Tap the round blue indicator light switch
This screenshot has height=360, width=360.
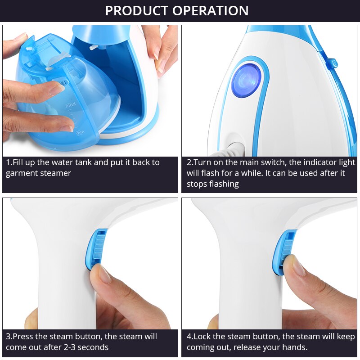pos(247,80)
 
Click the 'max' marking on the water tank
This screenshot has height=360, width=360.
pos(70,105)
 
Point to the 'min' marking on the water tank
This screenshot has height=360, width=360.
pos(81,133)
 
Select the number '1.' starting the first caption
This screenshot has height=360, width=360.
pos(9,162)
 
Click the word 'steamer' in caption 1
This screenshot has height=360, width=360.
pos(55,173)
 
